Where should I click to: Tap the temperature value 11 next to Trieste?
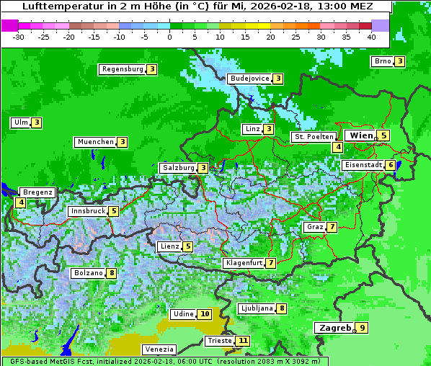[x=244, y=341]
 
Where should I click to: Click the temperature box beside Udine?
[x=205, y=314]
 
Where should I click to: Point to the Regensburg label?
[x=123, y=69]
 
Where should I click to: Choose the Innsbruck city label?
[x=87, y=211]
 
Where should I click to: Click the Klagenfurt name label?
[x=244, y=263]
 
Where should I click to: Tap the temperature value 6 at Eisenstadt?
[x=391, y=165]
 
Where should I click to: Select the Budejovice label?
[x=249, y=79]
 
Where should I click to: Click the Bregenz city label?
[x=37, y=192]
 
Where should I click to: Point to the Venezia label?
[x=159, y=349]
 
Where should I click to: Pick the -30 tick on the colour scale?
[x=19, y=36]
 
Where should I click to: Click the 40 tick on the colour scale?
[x=371, y=36]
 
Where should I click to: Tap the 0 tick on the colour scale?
[x=169, y=36]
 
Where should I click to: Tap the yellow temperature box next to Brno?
[x=399, y=61]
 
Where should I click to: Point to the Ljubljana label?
[x=256, y=308]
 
